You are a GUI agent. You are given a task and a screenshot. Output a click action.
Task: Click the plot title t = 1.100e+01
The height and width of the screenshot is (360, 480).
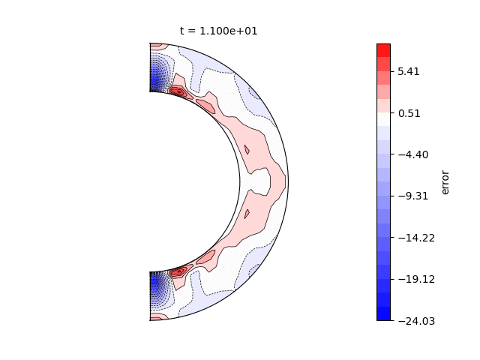[218, 31]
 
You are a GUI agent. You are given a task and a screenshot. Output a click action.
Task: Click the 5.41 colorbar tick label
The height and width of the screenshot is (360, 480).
[408, 72]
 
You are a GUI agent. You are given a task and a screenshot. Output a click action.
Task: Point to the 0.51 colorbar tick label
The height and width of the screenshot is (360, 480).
[409, 113]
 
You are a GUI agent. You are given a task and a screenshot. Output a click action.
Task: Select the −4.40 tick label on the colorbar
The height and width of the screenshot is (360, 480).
[413, 154]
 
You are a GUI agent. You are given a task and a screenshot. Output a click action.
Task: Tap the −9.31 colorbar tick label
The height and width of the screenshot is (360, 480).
[413, 196]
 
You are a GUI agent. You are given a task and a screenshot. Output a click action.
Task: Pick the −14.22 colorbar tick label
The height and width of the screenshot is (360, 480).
[416, 238]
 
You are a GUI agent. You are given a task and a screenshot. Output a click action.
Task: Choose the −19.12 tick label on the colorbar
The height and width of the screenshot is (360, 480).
[416, 279]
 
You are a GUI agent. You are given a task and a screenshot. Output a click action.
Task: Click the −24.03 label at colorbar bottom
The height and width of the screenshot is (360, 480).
[416, 321]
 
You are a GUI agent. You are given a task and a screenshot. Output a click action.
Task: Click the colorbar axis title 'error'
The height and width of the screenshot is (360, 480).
[445, 182]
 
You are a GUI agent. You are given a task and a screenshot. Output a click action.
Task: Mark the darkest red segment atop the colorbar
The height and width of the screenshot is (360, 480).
[383, 50]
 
